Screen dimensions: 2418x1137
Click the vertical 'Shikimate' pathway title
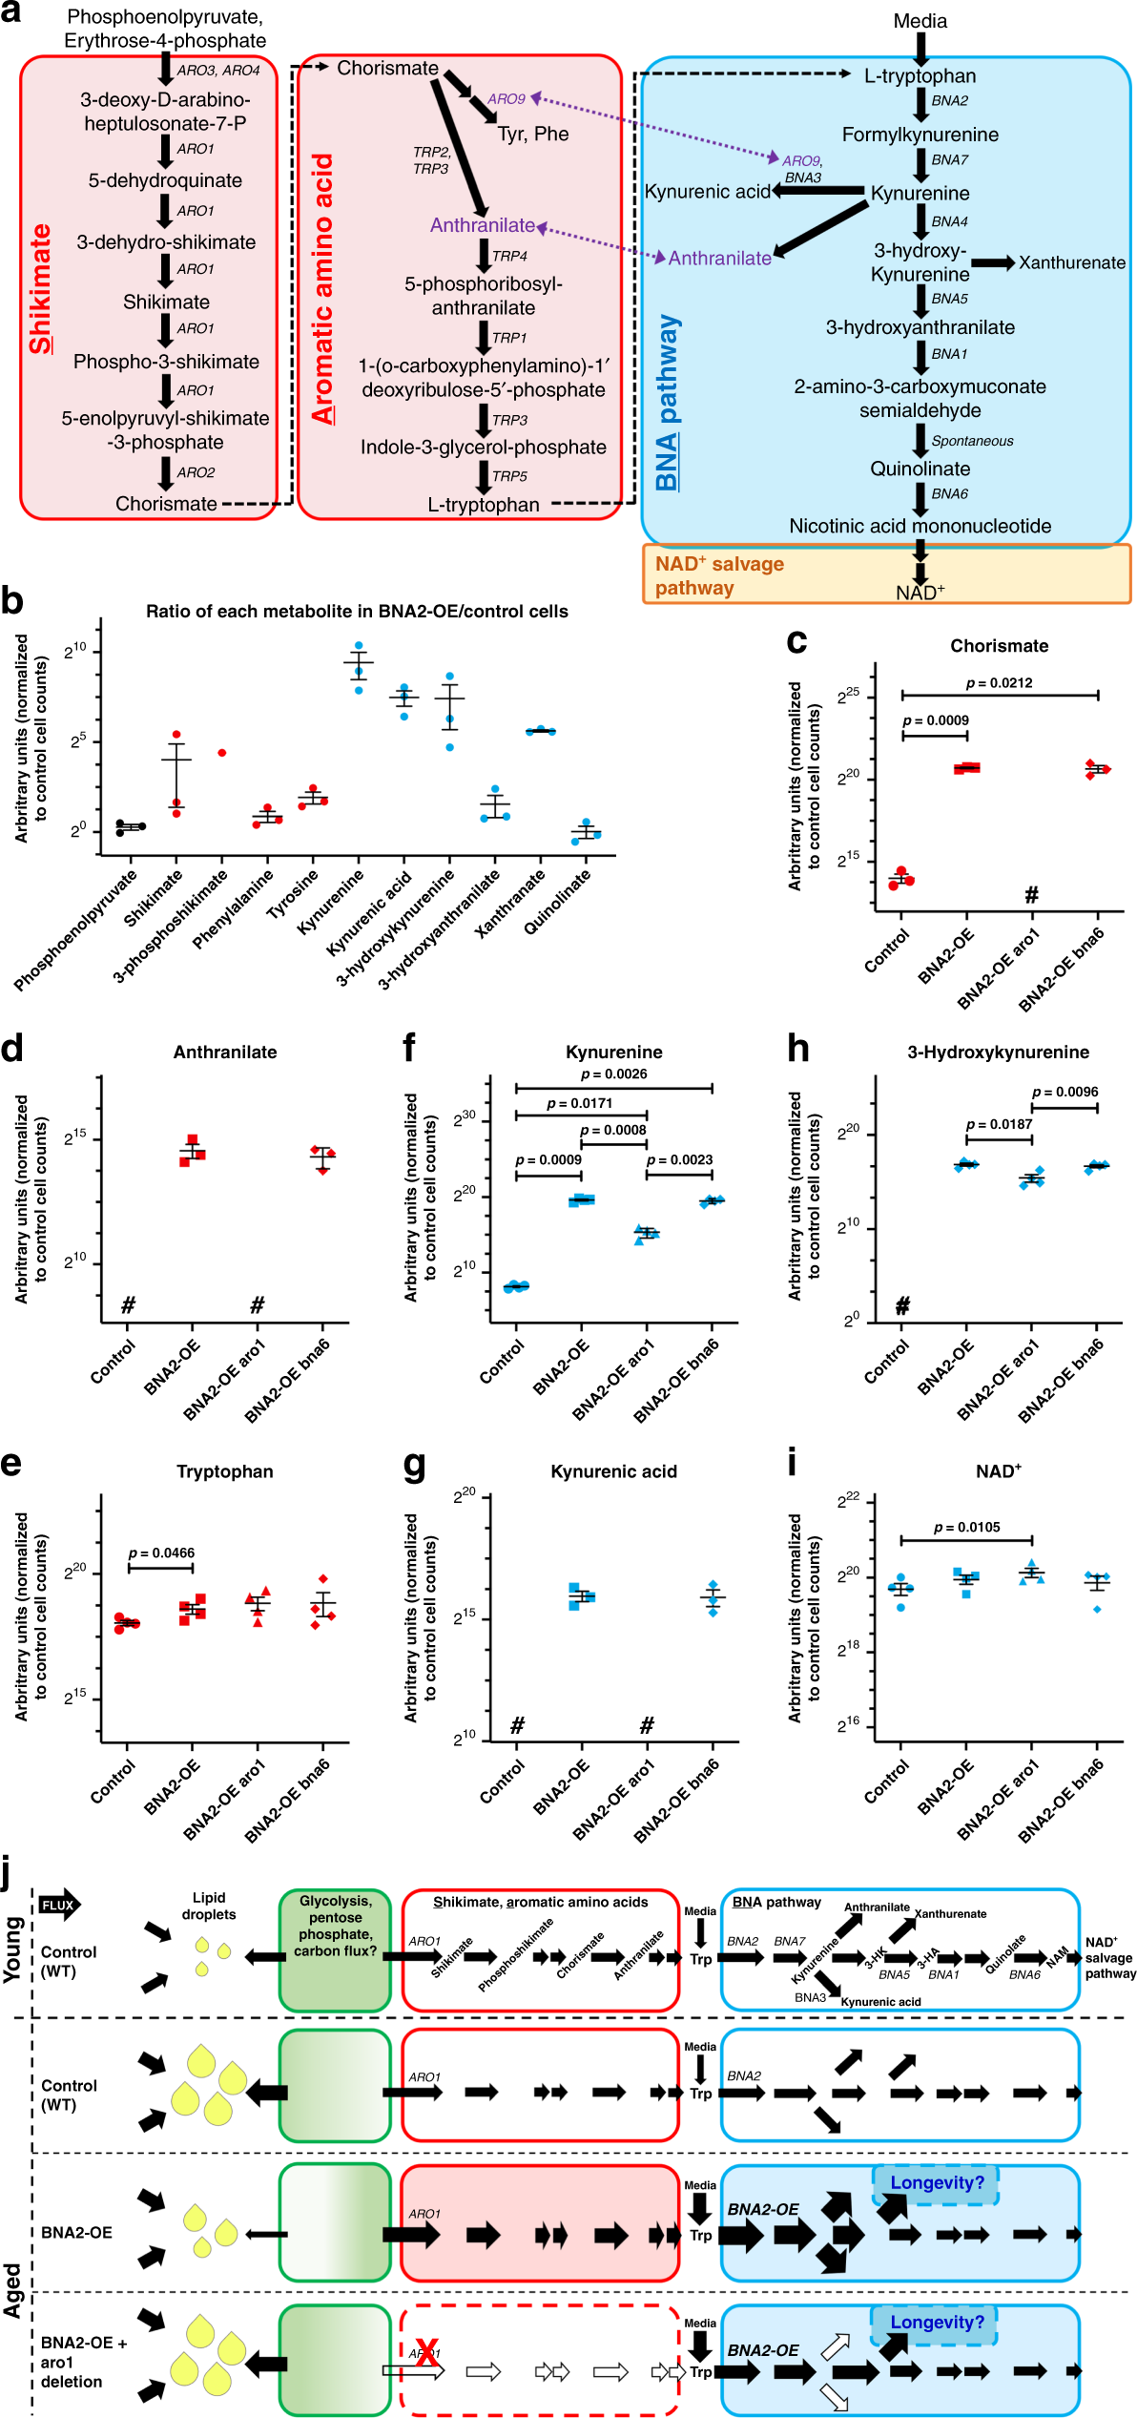point(40,288)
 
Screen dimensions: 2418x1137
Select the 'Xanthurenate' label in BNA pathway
point(1071,262)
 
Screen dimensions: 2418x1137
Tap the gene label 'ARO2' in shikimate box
point(196,472)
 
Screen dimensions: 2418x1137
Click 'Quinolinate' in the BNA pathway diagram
point(920,469)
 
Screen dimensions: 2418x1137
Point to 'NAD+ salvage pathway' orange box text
point(719,575)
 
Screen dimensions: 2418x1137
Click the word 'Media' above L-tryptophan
point(920,21)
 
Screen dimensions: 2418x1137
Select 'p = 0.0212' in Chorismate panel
point(999,683)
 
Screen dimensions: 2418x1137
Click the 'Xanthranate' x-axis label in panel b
point(511,903)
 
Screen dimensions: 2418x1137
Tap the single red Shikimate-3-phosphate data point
point(222,753)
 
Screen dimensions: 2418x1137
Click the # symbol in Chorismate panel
point(1031,895)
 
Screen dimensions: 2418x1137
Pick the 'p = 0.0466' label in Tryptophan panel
point(161,1553)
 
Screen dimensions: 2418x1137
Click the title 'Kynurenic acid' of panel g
point(613,1471)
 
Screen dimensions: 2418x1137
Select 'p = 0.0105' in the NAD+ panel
point(966,1527)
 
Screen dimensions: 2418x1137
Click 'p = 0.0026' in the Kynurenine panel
point(613,1074)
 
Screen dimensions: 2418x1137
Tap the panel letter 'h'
point(797,1049)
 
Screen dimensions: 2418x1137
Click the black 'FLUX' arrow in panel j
point(59,1905)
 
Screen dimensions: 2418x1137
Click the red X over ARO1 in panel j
point(426,2352)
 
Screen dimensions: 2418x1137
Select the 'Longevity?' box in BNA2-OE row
point(936,2182)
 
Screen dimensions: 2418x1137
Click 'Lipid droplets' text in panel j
point(208,1906)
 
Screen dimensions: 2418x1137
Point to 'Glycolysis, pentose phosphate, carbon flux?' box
point(335,1925)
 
